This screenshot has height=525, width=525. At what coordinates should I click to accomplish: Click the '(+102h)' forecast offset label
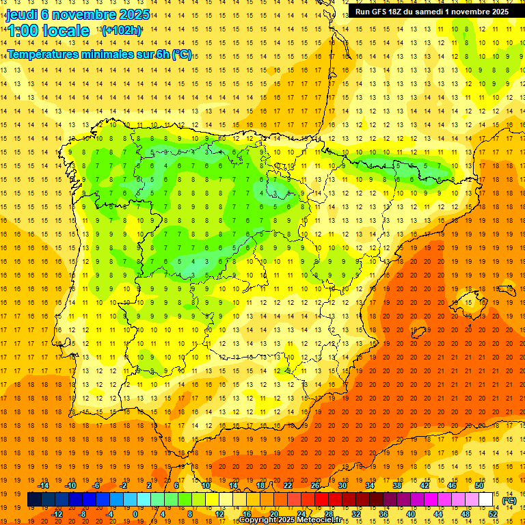tap(122, 30)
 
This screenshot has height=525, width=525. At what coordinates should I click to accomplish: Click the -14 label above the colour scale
tap(44, 485)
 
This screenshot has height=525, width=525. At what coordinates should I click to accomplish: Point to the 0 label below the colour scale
tap(135, 514)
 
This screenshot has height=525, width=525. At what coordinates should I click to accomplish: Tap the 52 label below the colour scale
tap(493, 514)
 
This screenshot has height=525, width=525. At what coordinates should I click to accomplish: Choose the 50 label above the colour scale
tap(479, 485)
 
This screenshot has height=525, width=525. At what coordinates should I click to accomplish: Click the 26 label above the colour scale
tap(315, 485)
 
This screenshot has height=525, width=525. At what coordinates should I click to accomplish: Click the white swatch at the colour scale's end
tap(486, 500)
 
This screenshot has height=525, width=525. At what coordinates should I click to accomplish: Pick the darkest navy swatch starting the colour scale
tap(34, 500)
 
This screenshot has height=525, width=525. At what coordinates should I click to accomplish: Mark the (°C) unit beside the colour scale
tap(509, 500)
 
